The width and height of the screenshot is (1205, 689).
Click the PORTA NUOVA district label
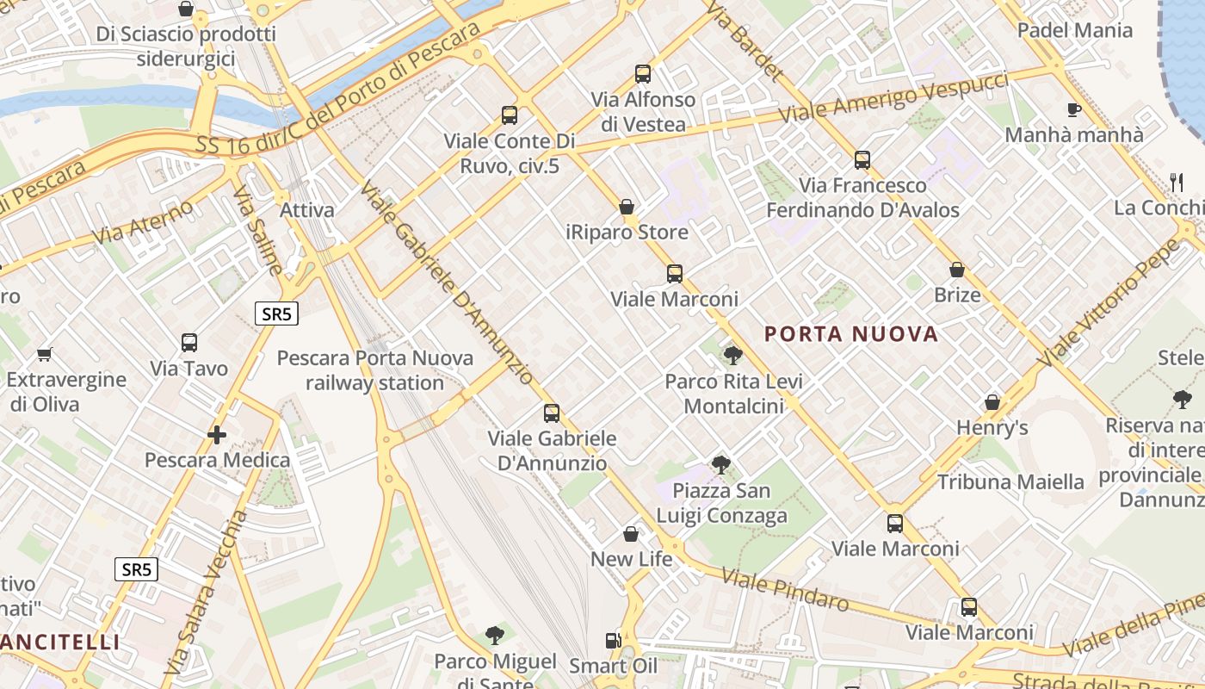850,334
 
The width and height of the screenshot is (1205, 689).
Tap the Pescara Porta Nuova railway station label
375,370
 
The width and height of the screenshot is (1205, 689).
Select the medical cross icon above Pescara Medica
217,435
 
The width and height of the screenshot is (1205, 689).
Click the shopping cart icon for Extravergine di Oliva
45,354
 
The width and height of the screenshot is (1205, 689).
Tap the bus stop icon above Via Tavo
189,343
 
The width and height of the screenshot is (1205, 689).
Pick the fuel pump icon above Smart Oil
613,641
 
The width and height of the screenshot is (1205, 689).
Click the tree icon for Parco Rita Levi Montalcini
732,355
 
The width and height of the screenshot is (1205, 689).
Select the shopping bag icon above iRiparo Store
627,207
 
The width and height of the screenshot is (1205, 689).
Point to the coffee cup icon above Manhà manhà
1073,109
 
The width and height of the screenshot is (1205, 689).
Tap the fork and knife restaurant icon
1177,182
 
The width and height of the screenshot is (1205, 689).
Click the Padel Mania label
1074,31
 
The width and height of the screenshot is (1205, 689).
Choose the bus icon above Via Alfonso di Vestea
643,74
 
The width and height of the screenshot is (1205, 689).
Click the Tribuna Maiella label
1010,481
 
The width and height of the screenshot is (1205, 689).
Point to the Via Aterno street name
143,220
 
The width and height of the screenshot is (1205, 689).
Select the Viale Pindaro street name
785,590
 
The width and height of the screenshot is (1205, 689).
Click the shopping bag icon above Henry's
992,402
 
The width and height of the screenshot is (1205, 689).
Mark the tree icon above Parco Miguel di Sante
494,636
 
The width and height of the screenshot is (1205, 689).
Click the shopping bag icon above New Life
631,534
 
